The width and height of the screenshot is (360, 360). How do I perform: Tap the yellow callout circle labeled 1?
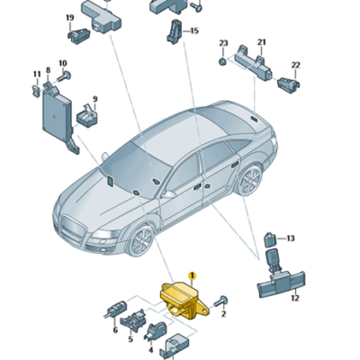192,274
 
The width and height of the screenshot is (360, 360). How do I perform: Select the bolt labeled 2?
221,301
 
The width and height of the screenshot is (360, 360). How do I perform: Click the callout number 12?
295,298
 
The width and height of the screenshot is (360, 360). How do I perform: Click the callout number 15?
194,31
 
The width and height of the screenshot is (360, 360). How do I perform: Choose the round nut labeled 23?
222,62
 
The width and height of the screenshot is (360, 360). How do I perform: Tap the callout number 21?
262,42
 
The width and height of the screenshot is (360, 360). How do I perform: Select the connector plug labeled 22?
289,85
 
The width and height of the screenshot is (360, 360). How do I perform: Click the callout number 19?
69,18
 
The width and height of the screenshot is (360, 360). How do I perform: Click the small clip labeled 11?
36,90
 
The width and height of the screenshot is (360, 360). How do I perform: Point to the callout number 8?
48,70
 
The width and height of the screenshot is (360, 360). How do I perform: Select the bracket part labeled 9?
86,114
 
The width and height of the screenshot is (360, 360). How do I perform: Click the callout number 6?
115,330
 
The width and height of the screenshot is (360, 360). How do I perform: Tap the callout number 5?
130,339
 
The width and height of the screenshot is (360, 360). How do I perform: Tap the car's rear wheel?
249,180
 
